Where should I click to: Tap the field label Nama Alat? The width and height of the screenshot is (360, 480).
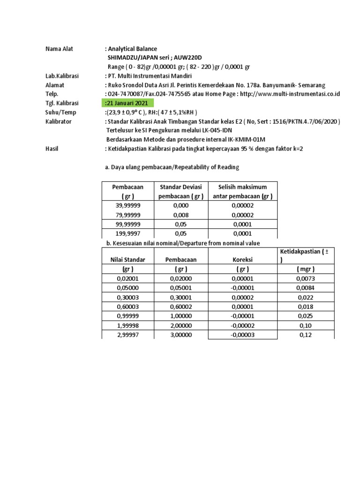tap(59, 49)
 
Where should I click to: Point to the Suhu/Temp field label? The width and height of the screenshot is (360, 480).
tap(61, 112)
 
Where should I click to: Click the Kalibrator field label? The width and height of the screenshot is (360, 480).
tap(59, 121)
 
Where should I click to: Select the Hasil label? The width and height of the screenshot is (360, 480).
tap(52, 149)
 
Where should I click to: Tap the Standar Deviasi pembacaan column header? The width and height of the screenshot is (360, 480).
tap(180, 192)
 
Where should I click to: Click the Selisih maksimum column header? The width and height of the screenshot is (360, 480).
tap(242, 192)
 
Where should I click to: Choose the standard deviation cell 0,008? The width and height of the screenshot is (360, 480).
tap(180, 215)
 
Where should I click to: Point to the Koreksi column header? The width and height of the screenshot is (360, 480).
tap(242, 259)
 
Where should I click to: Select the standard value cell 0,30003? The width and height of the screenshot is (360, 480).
tap(128, 297)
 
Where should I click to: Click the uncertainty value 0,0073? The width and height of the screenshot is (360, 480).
tap(305, 278)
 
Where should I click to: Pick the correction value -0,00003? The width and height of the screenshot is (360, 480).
tap(242, 335)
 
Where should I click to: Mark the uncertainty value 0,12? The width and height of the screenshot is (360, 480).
tap(305, 335)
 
